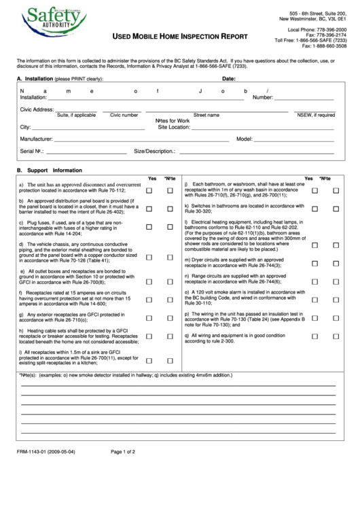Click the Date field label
229,79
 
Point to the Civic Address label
37,109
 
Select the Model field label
244,138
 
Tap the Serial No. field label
32,151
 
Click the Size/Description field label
155,151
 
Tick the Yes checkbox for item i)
149,360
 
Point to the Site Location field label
173,126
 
